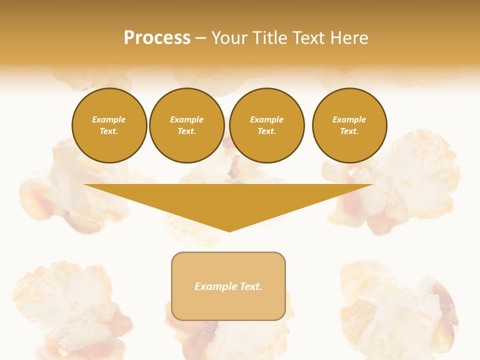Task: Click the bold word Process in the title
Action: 157,38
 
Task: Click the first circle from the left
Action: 109,125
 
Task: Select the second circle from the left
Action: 187,125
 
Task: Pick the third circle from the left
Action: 267,125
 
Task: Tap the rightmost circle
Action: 349,125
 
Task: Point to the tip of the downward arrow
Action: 229,231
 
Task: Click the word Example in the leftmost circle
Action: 109,119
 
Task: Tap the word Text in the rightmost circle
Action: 349,131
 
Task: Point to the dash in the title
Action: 200,38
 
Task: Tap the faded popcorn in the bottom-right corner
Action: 400,310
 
